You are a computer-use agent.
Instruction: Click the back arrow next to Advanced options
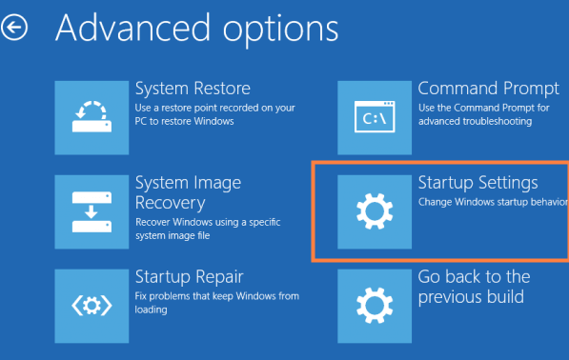15,30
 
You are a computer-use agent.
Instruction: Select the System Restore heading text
193,89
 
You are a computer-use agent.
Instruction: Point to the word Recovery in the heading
172,203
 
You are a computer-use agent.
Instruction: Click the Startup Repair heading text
190,276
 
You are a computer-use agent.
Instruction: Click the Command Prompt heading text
488,89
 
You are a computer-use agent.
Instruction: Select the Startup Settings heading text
478,182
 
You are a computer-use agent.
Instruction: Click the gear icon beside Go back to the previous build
375,305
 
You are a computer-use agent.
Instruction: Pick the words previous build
471,297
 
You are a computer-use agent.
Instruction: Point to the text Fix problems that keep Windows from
216,296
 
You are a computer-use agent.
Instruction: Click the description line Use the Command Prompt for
484,107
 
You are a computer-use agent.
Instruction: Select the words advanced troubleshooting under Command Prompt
471,121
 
